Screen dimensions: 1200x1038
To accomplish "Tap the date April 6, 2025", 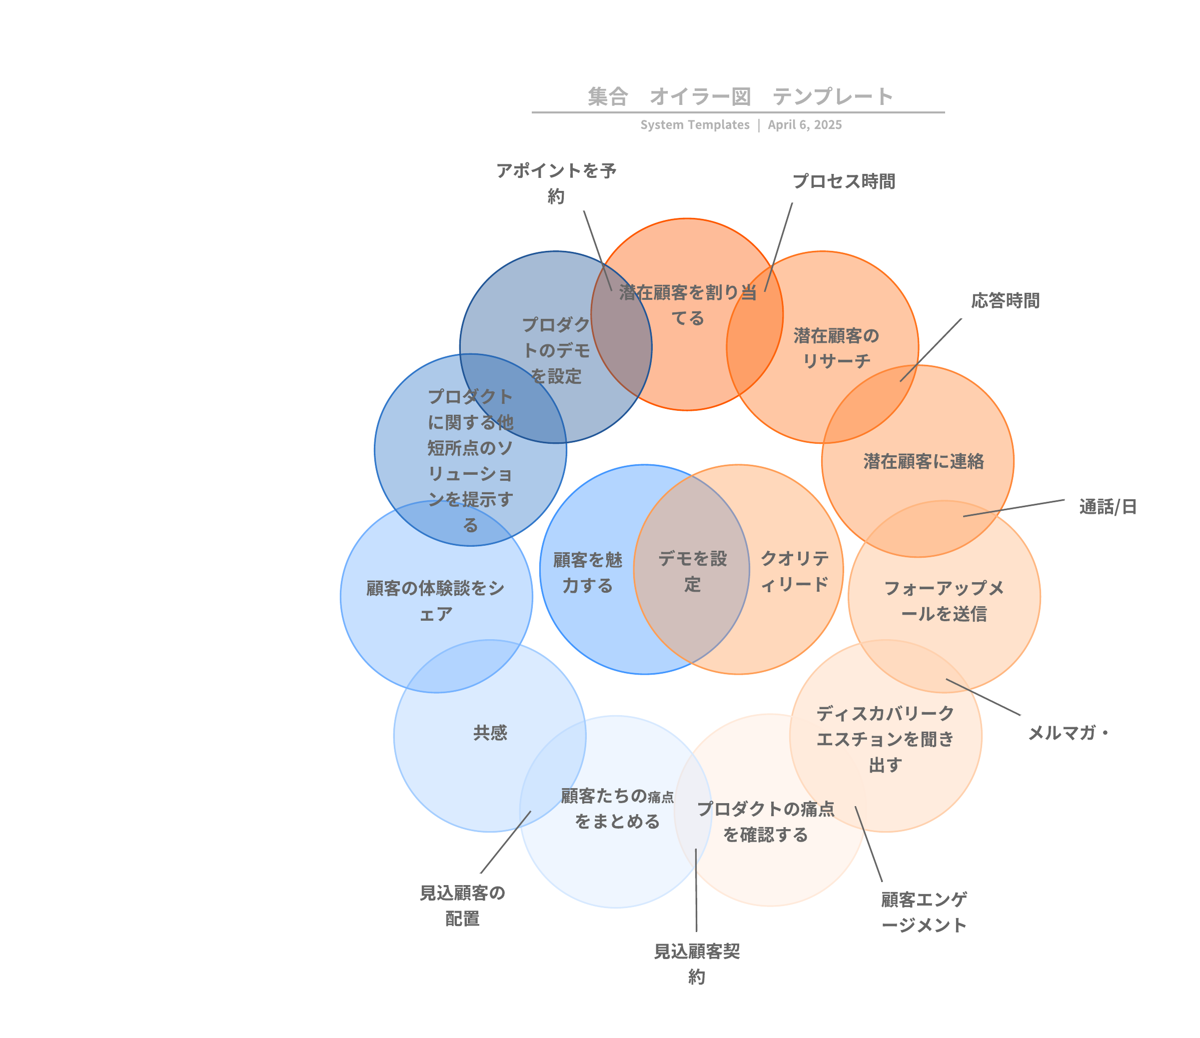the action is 805,125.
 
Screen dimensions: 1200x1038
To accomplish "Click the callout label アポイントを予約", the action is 556,183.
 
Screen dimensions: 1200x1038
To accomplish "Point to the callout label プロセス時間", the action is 844,182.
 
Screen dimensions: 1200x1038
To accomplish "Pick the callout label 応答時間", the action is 1006,301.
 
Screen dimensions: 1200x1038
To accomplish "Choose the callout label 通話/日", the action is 1108,507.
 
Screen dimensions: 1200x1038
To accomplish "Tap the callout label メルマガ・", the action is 1068,733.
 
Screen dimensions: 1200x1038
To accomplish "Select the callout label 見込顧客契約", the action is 697,965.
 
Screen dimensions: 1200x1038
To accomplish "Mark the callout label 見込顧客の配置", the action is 462,906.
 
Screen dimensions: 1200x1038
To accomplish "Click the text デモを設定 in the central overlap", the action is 693,572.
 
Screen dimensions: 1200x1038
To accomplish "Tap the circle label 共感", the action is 490,733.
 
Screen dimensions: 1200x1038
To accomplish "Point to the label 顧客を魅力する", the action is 587,573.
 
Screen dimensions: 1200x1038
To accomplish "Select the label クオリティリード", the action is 795,571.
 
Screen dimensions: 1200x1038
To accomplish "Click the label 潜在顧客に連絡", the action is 924,461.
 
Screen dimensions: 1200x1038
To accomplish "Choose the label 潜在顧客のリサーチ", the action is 836,348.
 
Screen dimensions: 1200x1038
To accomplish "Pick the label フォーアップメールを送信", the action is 944,601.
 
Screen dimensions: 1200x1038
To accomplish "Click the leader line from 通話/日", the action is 1014,508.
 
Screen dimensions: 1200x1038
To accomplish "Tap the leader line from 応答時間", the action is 931,350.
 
